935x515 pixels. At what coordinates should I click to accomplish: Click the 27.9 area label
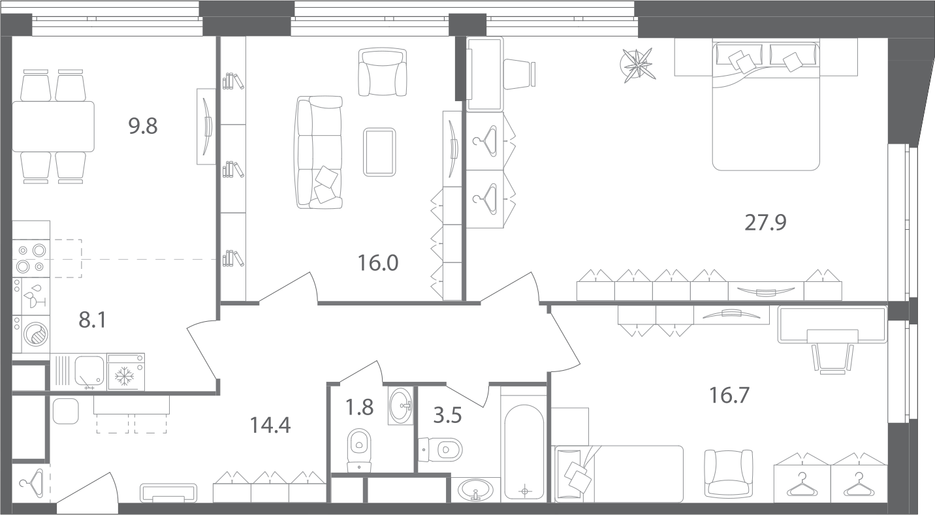(765, 223)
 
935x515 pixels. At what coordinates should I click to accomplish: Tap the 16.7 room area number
(729, 395)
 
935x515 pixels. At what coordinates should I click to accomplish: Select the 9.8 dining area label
(143, 126)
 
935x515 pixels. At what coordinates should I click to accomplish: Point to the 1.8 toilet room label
(359, 407)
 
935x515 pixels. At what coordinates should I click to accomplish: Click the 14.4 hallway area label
(270, 426)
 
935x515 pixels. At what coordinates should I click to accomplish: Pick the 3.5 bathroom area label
(447, 416)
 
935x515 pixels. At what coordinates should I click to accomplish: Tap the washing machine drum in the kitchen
(36, 334)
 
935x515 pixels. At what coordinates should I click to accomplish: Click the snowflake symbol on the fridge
(125, 376)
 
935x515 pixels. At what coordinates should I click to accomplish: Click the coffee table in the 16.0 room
(379, 152)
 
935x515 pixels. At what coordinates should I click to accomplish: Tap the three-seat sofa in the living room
(319, 152)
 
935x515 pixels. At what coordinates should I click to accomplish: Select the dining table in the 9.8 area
(54, 127)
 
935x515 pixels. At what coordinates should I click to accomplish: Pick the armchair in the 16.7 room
(729, 474)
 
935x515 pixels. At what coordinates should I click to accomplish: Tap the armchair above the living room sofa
(383, 71)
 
